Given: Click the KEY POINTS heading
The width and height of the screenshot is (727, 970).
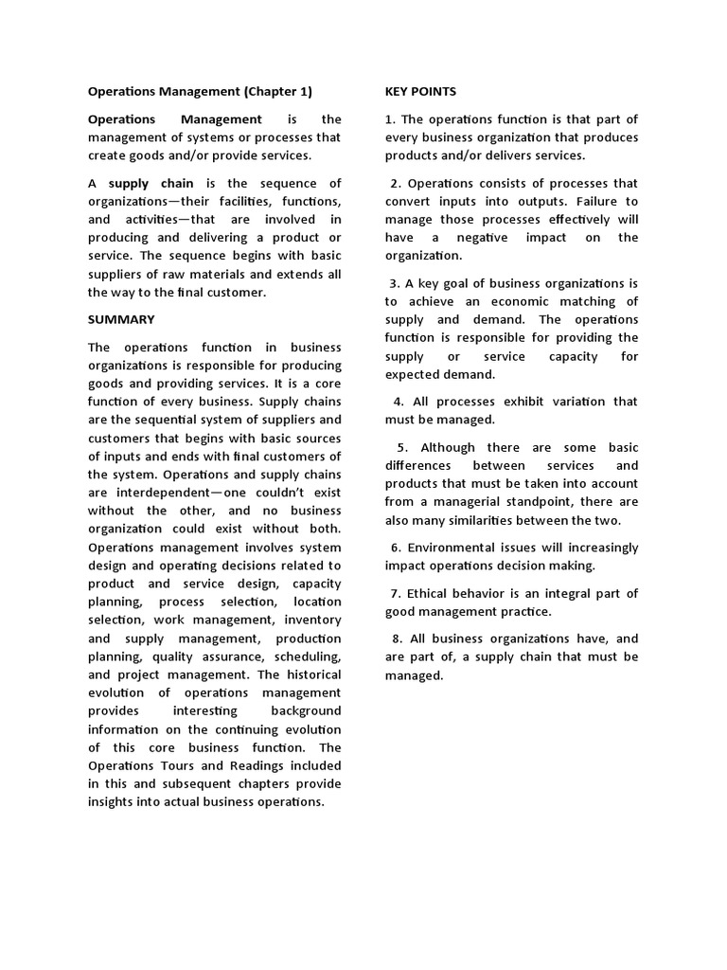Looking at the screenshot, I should (x=420, y=92).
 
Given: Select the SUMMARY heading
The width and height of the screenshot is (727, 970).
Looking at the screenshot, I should (x=121, y=320).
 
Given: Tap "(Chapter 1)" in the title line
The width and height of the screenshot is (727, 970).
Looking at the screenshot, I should (x=277, y=92).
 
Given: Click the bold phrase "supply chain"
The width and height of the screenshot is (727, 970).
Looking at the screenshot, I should (x=151, y=183).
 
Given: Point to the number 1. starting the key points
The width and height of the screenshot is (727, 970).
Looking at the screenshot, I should (x=390, y=119).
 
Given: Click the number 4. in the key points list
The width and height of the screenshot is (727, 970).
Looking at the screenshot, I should (x=399, y=402).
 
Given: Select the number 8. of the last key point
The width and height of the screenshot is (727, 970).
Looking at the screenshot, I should (x=396, y=639).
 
